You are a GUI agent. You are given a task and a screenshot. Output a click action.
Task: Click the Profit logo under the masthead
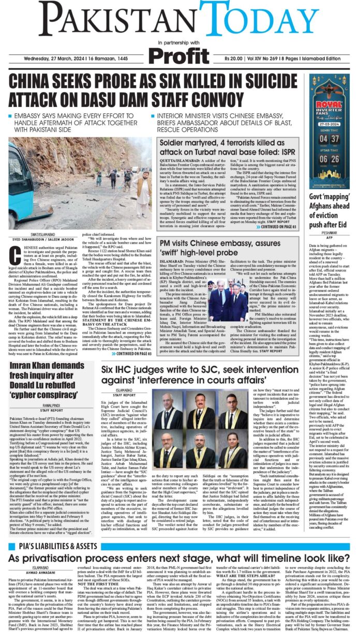click(179, 54)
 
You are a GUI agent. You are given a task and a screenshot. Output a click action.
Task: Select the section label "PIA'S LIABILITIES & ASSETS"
click(54, 546)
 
